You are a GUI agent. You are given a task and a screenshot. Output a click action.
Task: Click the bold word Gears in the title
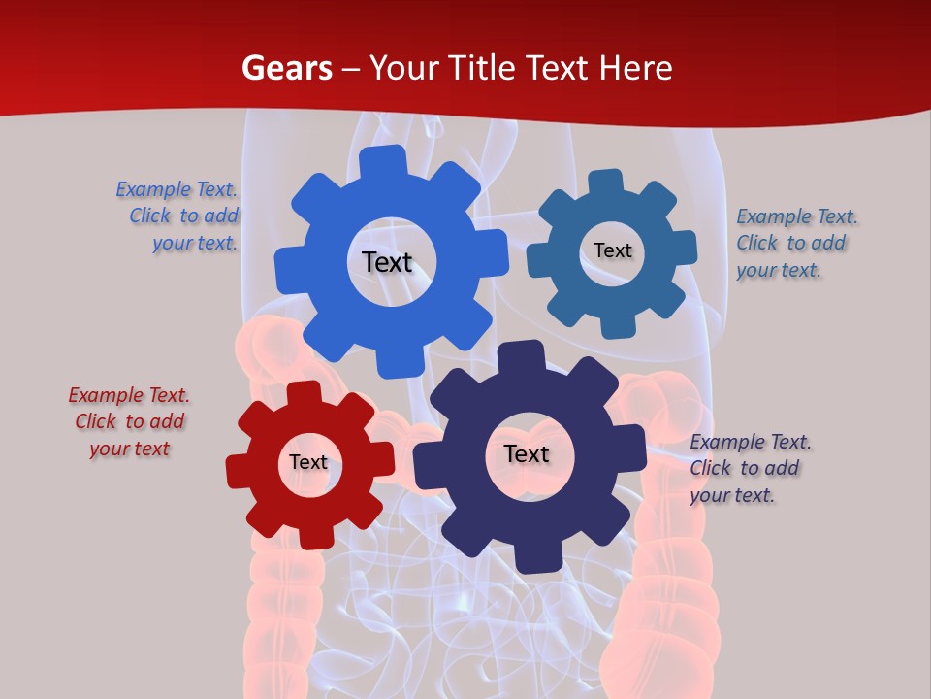pyautogui.click(x=286, y=68)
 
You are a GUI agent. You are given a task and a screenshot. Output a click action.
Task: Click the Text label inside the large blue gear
pyautogui.click(x=387, y=262)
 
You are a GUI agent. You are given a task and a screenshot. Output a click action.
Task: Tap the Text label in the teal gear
pyautogui.click(x=613, y=250)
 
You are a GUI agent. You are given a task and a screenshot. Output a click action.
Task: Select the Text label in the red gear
pyautogui.click(x=308, y=462)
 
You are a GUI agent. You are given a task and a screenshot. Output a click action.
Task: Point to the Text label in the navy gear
pyautogui.click(x=527, y=453)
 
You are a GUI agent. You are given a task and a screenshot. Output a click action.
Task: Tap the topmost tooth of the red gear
pyautogui.click(x=304, y=394)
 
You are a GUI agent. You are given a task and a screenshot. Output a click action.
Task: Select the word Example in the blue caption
pyautogui.click(x=151, y=189)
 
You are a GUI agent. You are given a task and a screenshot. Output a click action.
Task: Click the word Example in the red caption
pyautogui.click(x=104, y=395)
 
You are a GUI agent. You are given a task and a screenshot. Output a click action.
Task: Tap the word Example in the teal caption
pyautogui.click(x=772, y=216)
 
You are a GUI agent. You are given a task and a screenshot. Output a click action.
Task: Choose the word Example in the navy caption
pyautogui.click(x=725, y=442)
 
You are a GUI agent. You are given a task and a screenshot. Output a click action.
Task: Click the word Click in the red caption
pyautogui.click(x=96, y=421)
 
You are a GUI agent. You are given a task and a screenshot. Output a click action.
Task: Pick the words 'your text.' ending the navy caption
pyautogui.click(x=732, y=495)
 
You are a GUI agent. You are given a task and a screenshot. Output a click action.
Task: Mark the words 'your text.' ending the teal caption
pyautogui.click(x=779, y=270)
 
